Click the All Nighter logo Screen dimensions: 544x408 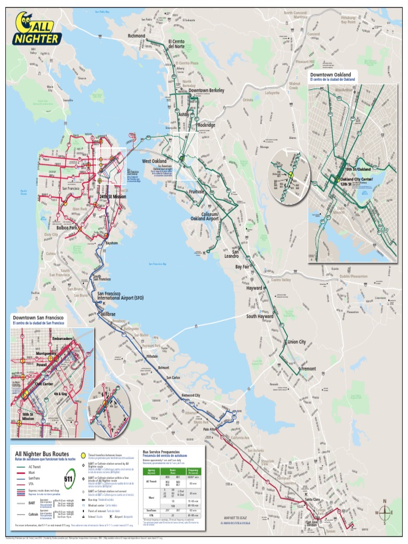click(x=38, y=29)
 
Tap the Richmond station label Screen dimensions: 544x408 click(x=136, y=36)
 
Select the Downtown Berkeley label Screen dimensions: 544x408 click(x=206, y=90)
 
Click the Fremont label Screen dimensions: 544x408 click(x=308, y=369)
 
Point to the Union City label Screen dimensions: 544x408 click(x=296, y=342)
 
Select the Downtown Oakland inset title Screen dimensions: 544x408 click(x=330, y=75)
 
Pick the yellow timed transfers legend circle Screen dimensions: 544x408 click(x=83, y=456)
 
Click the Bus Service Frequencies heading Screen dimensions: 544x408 click(x=164, y=452)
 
